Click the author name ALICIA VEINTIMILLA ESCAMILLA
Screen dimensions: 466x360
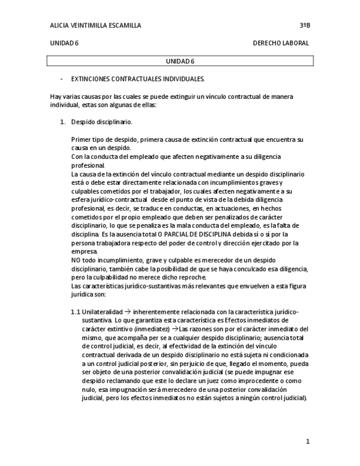coord(95,25)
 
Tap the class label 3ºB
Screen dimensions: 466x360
coord(304,25)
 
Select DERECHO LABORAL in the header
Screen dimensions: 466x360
coord(280,43)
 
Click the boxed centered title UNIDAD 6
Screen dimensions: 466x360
coord(180,61)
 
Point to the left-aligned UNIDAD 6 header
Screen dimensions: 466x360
coord(64,43)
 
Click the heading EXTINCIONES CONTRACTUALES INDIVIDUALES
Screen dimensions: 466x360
coord(137,79)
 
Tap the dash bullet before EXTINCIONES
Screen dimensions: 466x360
coord(61,79)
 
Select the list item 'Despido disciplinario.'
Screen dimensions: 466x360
coord(102,122)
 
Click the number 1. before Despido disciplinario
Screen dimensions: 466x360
coord(63,122)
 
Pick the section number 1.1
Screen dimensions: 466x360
coord(75,312)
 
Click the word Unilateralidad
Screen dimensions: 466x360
coord(102,312)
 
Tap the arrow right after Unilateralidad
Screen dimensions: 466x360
coord(127,312)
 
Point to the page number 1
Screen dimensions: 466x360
coord(308,441)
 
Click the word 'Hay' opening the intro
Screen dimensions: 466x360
coord(56,97)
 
